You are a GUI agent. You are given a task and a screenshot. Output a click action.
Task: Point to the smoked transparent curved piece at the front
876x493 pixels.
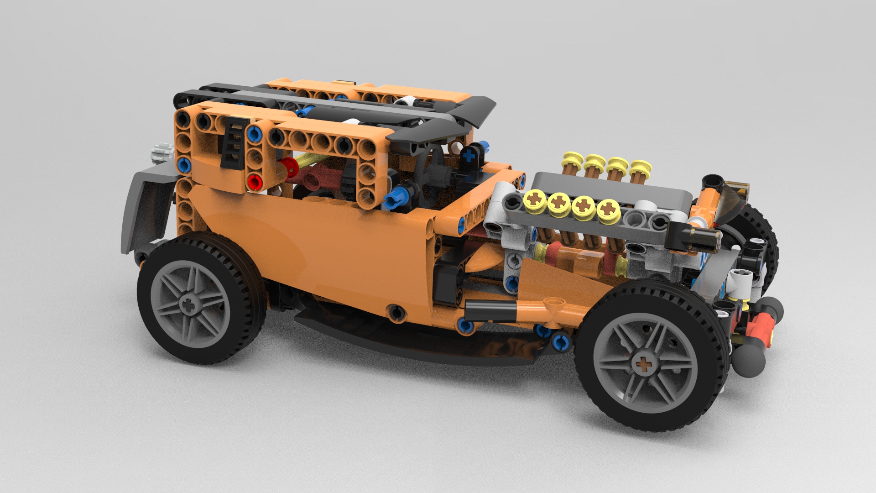pos(732,201)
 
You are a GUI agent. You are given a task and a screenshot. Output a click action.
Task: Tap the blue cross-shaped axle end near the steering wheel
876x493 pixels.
pos(468,155)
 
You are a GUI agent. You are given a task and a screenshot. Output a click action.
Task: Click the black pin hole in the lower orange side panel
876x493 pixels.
pos(396,312)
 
